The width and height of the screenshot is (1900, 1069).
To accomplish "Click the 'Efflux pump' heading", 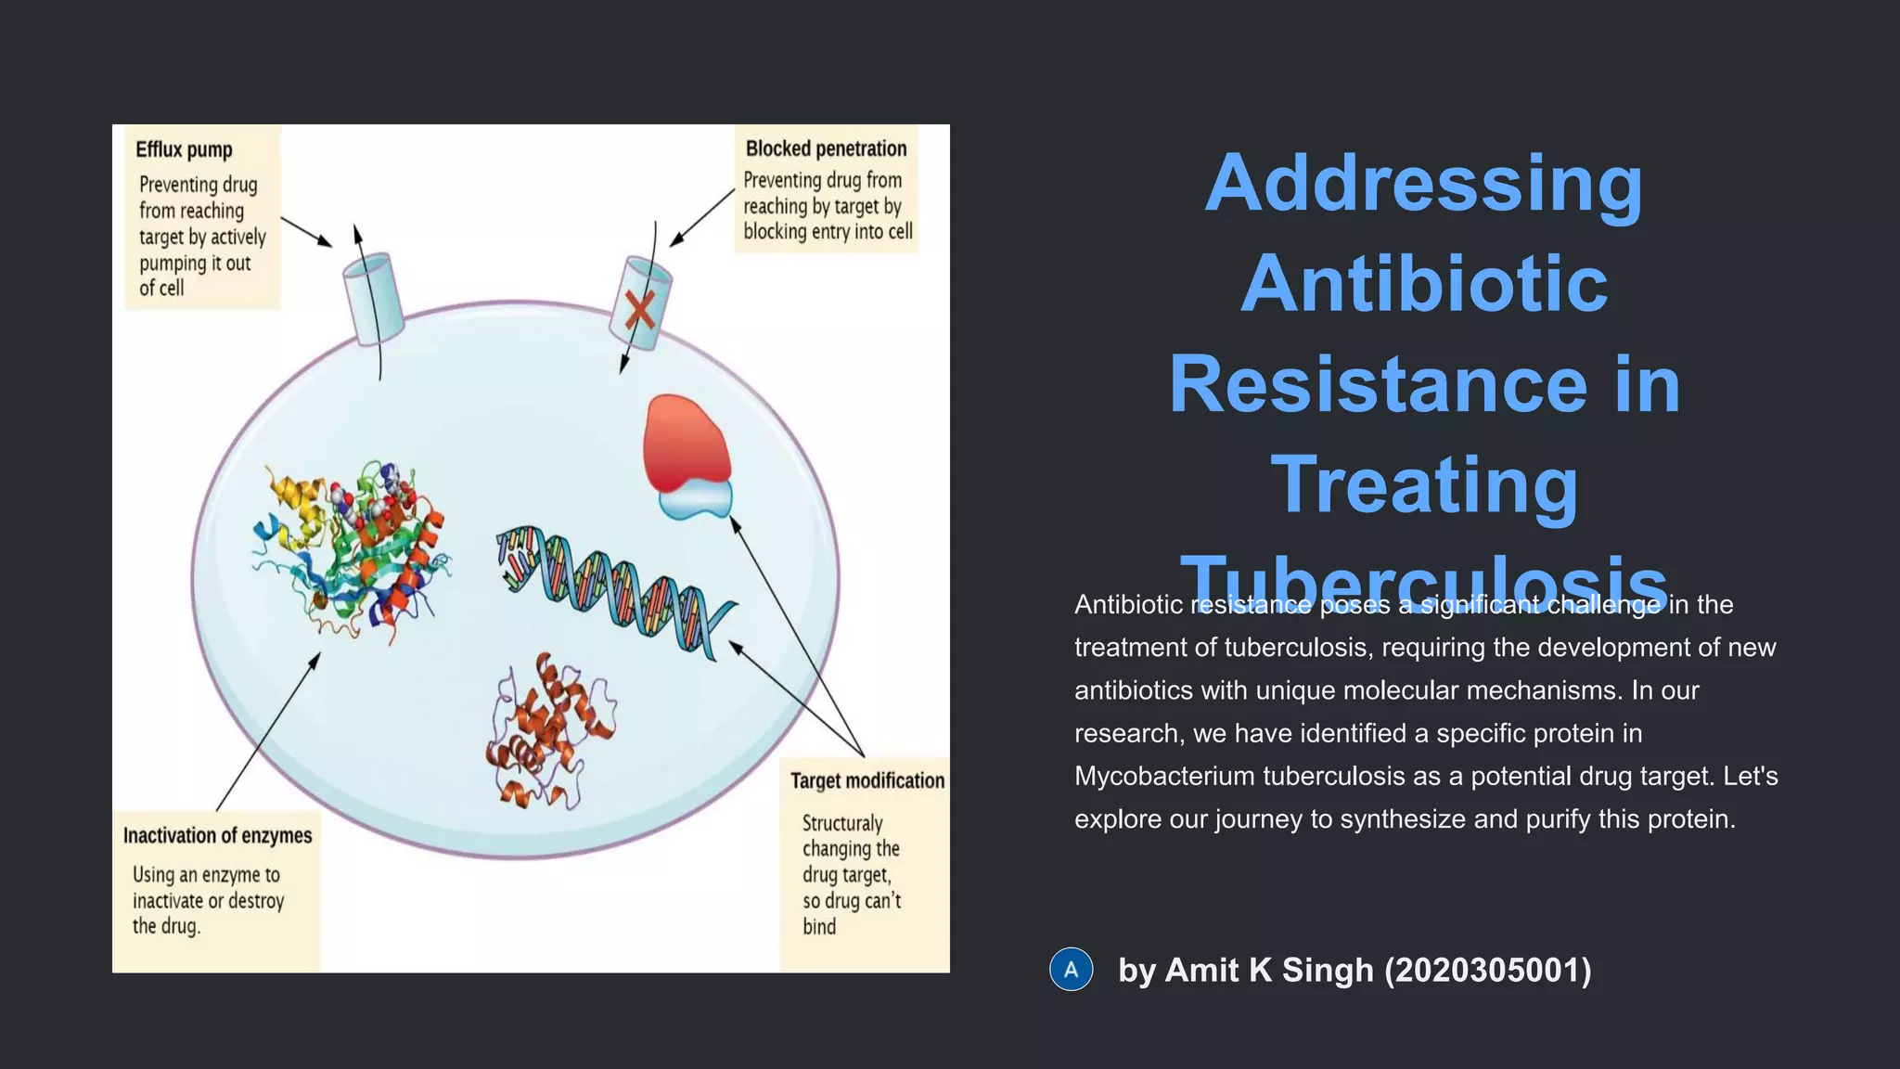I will [184, 149].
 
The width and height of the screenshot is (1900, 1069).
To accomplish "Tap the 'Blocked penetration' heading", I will [826, 148].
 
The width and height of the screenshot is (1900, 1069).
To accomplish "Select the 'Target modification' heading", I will [867, 780].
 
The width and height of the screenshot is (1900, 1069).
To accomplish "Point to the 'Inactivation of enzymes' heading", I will [217, 835].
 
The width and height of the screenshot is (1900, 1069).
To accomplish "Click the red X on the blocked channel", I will [639, 310].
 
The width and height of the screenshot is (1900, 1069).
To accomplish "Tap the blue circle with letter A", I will [1071, 970].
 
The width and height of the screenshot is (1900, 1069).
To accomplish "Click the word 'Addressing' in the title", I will [1423, 183].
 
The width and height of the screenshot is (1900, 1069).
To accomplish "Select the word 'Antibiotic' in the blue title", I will [1423, 283].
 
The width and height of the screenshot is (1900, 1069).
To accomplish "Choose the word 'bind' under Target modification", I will [819, 926].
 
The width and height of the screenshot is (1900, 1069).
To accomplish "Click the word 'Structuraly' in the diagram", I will [842, 823].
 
